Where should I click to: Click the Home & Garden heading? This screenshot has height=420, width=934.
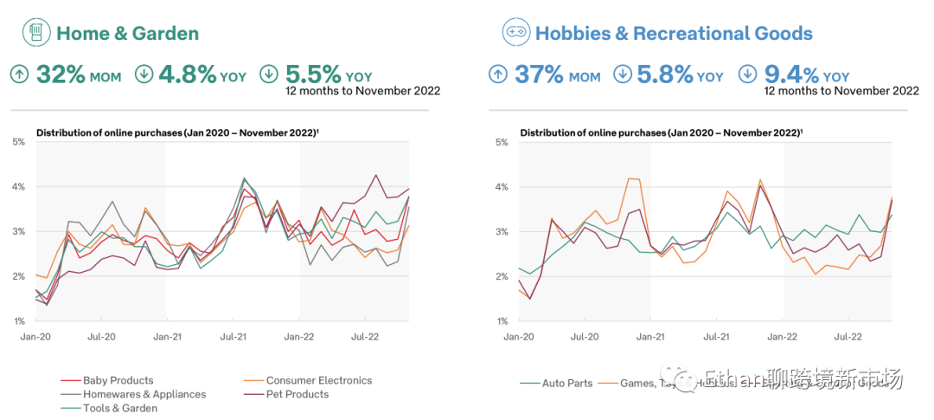[127, 34]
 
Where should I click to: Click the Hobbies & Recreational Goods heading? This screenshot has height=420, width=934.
[674, 34]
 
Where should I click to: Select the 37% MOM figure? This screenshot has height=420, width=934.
[557, 74]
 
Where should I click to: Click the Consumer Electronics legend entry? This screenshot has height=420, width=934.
[318, 380]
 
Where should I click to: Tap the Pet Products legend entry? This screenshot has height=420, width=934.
[297, 394]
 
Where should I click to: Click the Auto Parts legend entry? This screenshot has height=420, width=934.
[566, 383]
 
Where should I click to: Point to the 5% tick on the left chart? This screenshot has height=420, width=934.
[18, 141]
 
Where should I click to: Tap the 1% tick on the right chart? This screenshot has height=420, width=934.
[501, 321]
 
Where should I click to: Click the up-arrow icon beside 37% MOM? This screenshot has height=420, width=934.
[498, 74]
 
